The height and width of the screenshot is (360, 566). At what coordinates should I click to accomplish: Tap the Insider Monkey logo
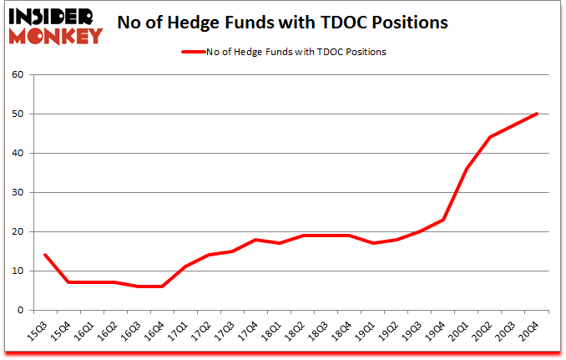(54, 24)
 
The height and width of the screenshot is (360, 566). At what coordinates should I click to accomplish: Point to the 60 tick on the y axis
(18, 74)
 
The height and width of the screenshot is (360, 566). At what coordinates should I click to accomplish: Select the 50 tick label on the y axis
(18, 114)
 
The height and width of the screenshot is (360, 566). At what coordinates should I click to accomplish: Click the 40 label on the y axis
(18, 153)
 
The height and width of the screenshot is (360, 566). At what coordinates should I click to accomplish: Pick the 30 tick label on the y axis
(18, 192)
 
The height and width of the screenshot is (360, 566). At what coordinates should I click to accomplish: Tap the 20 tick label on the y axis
(18, 231)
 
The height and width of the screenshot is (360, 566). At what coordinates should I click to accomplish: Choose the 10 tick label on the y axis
(18, 271)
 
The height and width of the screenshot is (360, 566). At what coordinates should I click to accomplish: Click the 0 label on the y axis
(21, 310)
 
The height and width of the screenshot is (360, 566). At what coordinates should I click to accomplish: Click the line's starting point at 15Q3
(44, 255)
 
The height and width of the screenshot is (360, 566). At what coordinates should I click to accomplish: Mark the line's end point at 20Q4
(537, 114)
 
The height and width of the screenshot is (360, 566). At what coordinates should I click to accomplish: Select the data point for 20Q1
(467, 169)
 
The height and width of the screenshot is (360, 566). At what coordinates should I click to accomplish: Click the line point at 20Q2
(490, 137)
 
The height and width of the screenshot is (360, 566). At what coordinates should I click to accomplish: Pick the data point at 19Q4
(443, 220)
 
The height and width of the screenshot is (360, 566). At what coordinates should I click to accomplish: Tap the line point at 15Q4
(68, 282)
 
